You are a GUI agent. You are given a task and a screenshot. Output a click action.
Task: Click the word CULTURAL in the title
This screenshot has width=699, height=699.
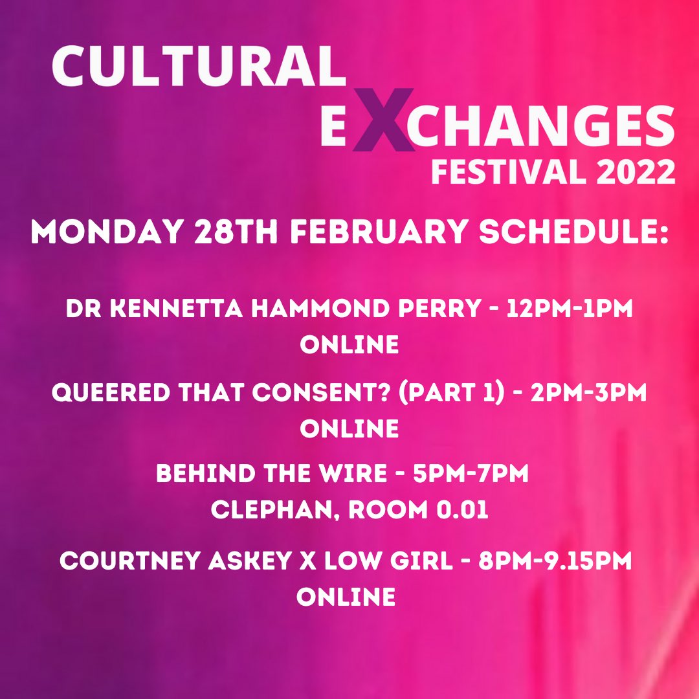[x=197, y=67]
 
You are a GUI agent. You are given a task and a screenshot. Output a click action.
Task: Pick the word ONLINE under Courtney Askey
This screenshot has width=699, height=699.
[x=346, y=597]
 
